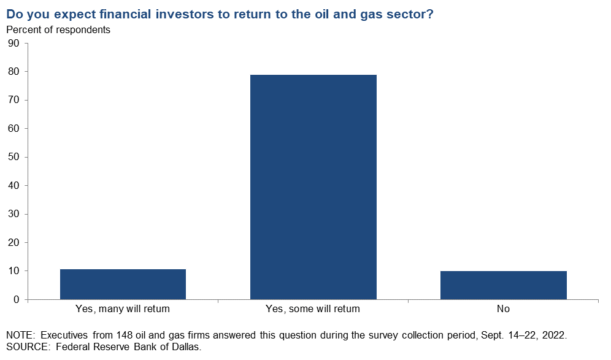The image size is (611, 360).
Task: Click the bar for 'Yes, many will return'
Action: (123, 284)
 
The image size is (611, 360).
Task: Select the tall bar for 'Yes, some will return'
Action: (313, 187)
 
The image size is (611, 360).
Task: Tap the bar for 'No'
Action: (504, 285)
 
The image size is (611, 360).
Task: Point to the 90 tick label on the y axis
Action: (13, 44)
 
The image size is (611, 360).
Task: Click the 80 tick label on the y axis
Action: (13, 72)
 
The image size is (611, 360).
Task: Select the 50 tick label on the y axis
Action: (13, 157)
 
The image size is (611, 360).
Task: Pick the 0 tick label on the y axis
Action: (17, 300)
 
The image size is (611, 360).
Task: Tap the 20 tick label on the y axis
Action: (13, 243)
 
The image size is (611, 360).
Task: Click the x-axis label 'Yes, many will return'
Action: (123, 309)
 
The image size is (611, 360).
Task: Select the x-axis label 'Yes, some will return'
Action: (313, 309)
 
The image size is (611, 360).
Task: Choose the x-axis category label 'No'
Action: (503, 309)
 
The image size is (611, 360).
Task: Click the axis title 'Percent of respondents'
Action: (58, 30)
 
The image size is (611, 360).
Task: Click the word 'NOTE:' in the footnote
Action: (21, 335)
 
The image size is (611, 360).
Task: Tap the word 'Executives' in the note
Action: (64, 335)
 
